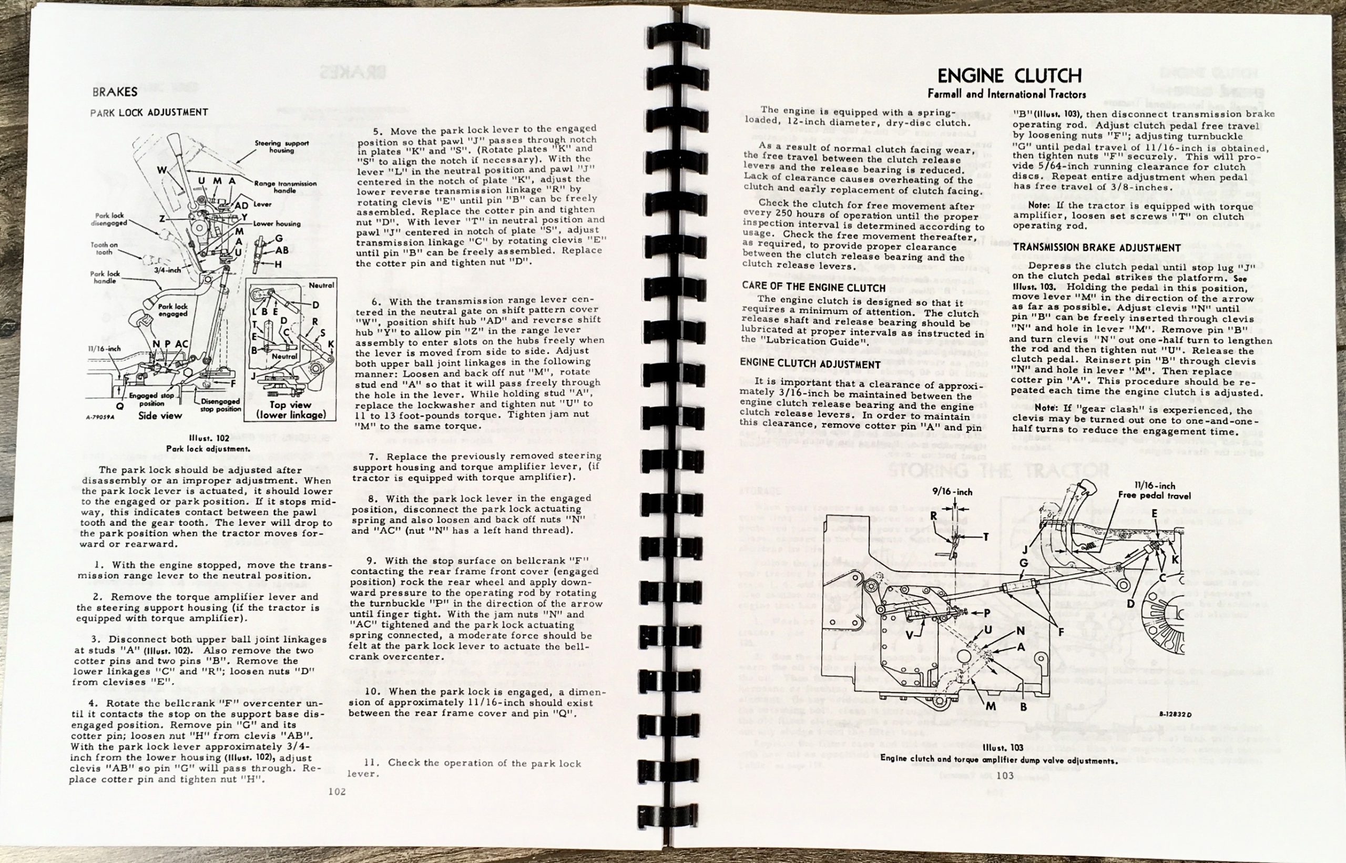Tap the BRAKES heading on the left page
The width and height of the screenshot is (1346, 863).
[115, 92]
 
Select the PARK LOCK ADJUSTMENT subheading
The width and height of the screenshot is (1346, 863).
[149, 113]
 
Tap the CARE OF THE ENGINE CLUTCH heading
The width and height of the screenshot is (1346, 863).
[814, 287]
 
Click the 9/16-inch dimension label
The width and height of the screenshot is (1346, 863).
[952, 492]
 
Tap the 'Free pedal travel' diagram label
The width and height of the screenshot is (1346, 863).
[1155, 495]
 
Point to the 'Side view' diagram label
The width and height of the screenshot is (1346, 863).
[160, 415]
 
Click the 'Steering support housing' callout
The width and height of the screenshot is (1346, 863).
[282, 146]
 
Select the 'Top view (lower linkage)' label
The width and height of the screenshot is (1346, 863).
[291, 410]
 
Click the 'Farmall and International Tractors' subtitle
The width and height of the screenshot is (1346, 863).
[1006, 94]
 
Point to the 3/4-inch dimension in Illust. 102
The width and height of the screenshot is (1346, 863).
[168, 270]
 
